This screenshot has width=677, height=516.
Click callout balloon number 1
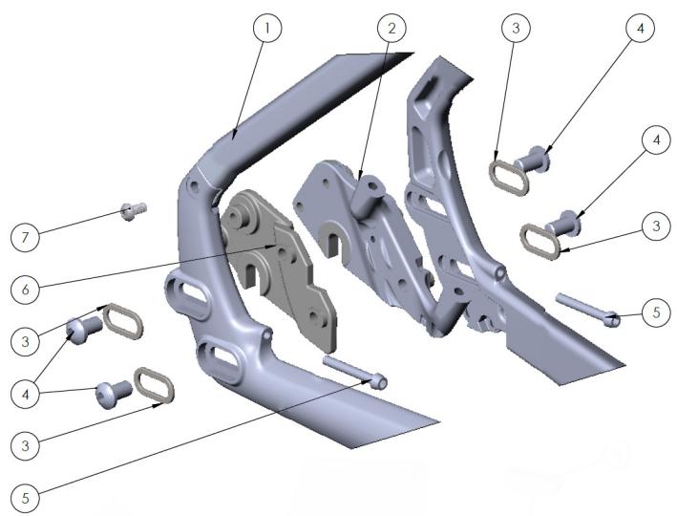pos(267,28)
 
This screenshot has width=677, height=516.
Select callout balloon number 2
pos(391,28)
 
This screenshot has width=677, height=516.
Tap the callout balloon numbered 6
pos(26,290)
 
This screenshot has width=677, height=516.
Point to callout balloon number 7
pos(26,237)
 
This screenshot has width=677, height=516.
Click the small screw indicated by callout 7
pos(134,211)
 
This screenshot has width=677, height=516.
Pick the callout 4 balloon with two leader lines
pos(26,394)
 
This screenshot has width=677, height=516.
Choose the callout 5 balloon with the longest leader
pos(26,498)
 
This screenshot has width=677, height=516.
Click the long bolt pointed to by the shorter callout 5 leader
pos(588,310)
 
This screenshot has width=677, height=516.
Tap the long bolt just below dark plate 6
pos(355,371)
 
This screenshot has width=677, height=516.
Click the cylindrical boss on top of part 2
pos(366,194)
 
